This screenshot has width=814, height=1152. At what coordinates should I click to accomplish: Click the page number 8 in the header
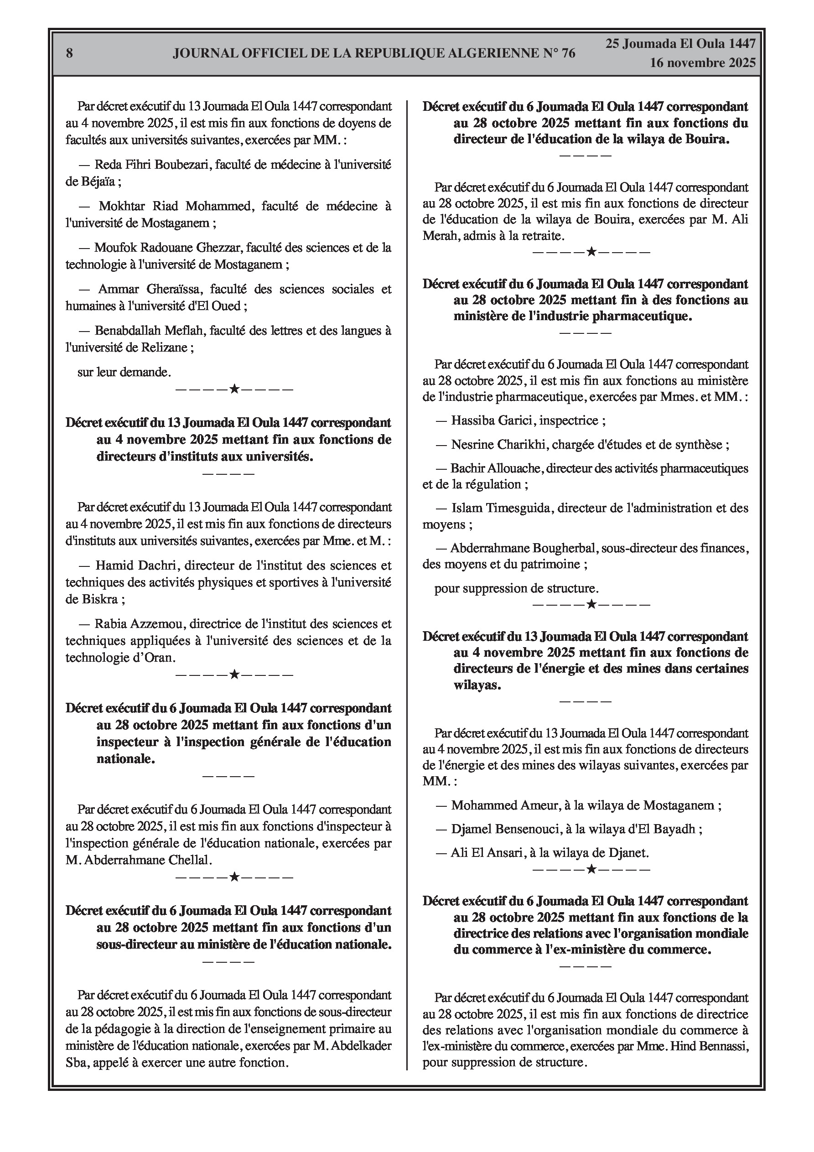(x=69, y=53)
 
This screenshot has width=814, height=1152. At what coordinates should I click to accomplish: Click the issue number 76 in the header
(x=568, y=53)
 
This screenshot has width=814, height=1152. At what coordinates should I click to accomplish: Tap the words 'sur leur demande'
(x=124, y=372)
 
